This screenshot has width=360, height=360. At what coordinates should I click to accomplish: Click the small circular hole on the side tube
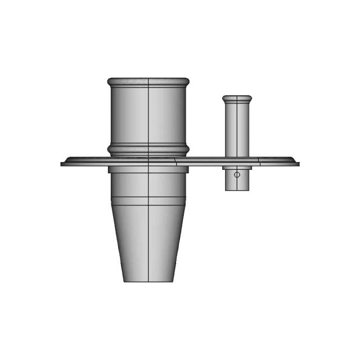point(237,174)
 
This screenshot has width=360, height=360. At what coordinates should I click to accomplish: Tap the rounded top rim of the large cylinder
point(148,82)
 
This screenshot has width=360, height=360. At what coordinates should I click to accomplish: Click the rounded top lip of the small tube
point(237,98)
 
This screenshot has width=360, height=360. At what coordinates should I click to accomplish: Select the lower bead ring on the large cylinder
point(148,150)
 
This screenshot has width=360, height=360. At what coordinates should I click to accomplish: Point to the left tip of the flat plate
point(62,164)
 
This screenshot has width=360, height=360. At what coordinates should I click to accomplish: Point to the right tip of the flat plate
point(298,164)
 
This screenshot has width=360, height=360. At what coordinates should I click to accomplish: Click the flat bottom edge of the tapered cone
point(148,281)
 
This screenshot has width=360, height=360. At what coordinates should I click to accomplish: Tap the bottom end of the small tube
point(237,190)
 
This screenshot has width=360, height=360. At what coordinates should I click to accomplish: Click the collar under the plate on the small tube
point(237,168)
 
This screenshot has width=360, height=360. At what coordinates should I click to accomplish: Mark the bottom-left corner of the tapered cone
point(124,281)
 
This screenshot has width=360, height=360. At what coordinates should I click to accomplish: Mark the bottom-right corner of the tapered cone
point(173,281)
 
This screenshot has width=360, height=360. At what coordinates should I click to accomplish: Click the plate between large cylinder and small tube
point(205,161)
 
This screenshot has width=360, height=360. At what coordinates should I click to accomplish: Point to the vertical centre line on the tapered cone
point(148,242)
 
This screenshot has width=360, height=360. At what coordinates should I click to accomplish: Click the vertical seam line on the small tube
point(237,129)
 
